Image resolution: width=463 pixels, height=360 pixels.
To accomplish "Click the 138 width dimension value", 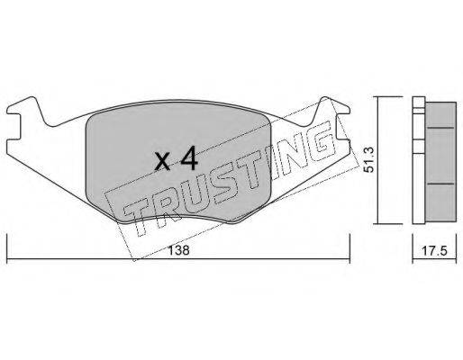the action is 178,250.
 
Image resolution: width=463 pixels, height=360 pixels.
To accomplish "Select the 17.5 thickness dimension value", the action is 435,250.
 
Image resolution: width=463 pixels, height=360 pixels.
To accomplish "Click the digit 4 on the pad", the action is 189,158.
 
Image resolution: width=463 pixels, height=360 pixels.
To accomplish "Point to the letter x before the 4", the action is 163,161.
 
